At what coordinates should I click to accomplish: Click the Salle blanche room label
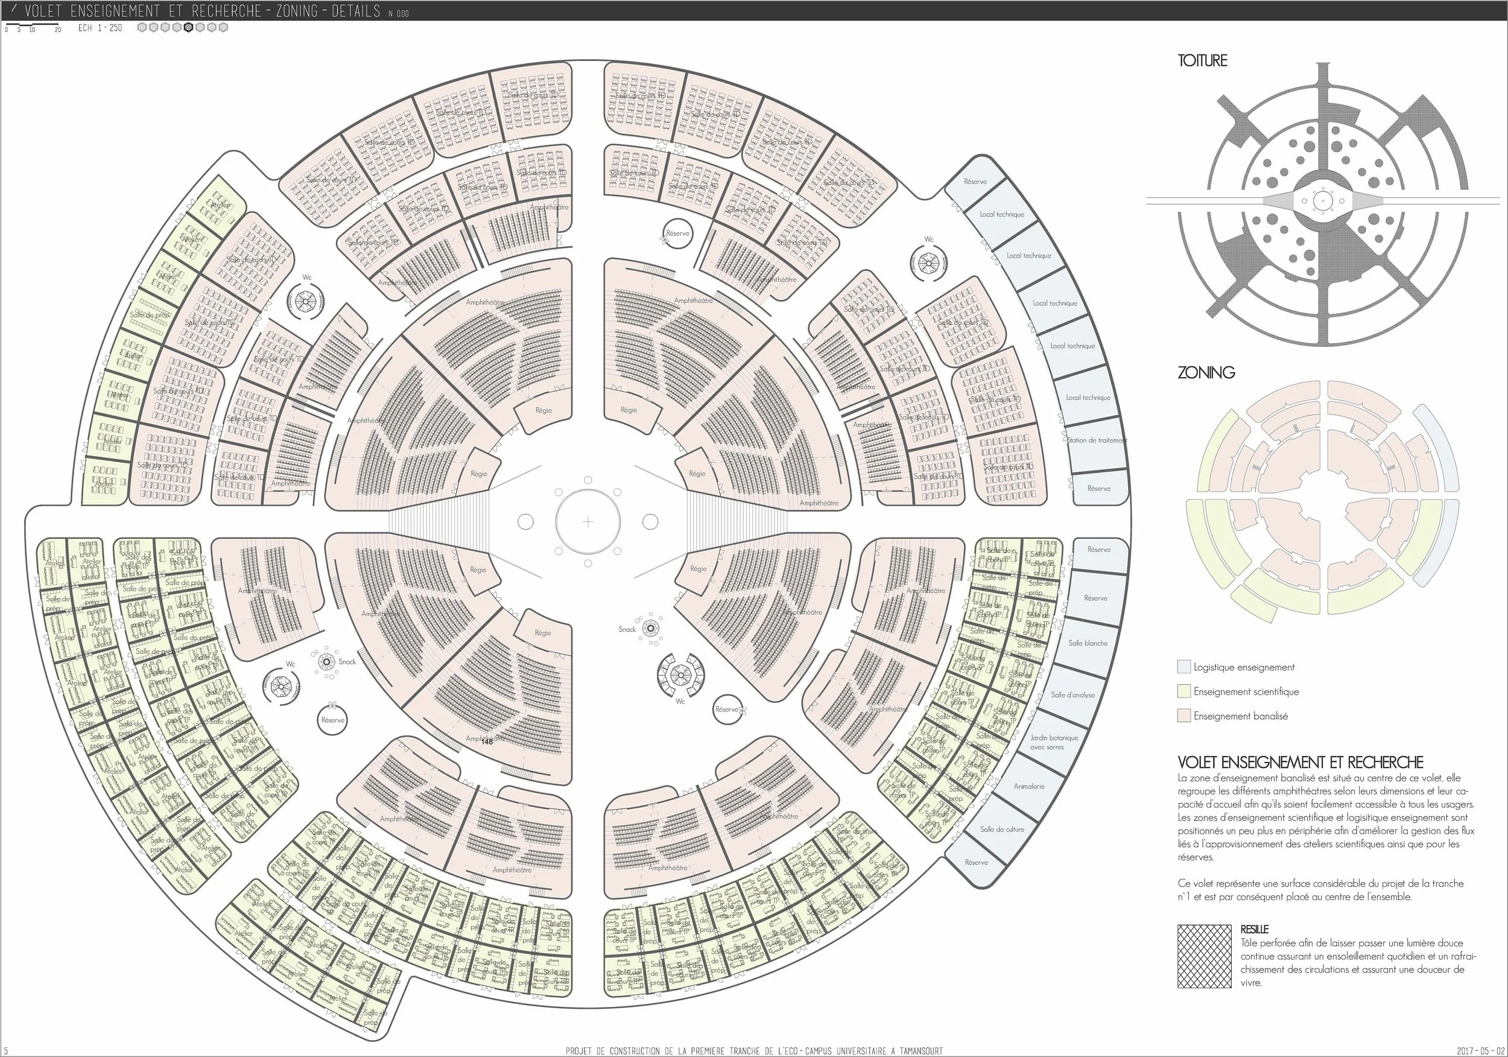pos(1088,643)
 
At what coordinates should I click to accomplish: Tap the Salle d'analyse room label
pos(1072,694)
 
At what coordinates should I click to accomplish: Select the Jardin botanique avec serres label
pos(1055,742)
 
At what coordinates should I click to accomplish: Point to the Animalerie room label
pos(1028,786)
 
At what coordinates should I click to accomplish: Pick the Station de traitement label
pos(1096,440)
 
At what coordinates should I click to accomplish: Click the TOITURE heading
pos(1202,60)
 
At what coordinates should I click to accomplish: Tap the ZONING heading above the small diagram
pos(1206,372)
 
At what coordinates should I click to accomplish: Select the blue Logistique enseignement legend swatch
pos(1183,667)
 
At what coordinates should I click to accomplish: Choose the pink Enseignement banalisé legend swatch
pos(1183,716)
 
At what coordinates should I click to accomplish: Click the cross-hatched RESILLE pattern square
pos(1204,956)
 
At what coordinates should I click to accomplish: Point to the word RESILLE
pos(1255,930)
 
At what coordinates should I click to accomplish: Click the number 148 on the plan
pos(487,741)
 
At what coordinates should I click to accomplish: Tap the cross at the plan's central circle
pos(588,522)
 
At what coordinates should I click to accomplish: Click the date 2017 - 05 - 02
pos(1478,1051)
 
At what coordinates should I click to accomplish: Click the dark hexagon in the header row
pos(188,28)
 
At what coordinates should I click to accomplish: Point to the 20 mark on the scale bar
pos(58,30)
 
